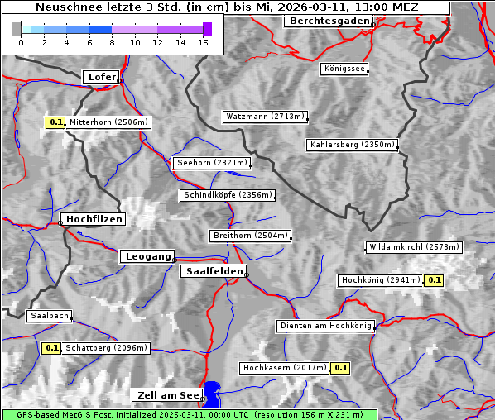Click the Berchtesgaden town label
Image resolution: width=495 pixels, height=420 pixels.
pyautogui.click(x=329, y=21)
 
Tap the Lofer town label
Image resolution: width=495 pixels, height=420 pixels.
pyautogui.click(x=102, y=77)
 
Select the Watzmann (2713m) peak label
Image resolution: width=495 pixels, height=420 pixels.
pyautogui.click(x=265, y=117)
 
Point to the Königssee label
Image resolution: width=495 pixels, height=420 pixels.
pyautogui.click(x=344, y=69)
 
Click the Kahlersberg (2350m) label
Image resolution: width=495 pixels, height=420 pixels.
pyautogui.click(x=352, y=145)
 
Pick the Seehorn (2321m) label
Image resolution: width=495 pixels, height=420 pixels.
pyautogui.click(x=211, y=163)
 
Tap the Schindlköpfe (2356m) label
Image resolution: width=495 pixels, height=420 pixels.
pyautogui.click(x=227, y=195)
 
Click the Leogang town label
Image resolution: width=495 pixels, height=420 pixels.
pyautogui.click(x=147, y=256)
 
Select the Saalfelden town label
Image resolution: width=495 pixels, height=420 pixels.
pyautogui.click(x=213, y=271)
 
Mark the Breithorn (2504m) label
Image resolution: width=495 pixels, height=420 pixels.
pyautogui.click(x=250, y=236)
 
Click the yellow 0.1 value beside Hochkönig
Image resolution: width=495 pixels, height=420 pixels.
pyautogui.click(x=435, y=280)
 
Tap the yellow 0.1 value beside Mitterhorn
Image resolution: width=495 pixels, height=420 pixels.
pyautogui.click(x=55, y=122)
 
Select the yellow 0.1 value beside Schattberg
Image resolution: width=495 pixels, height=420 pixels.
pyautogui.click(x=51, y=348)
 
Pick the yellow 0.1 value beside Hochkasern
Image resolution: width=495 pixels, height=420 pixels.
pyautogui.click(x=340, y=367)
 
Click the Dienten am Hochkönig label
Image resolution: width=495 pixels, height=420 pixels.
pyautogui.click(x=325, y=326)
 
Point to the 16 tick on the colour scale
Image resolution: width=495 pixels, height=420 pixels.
pyautogui.click(x=204, y=41)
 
